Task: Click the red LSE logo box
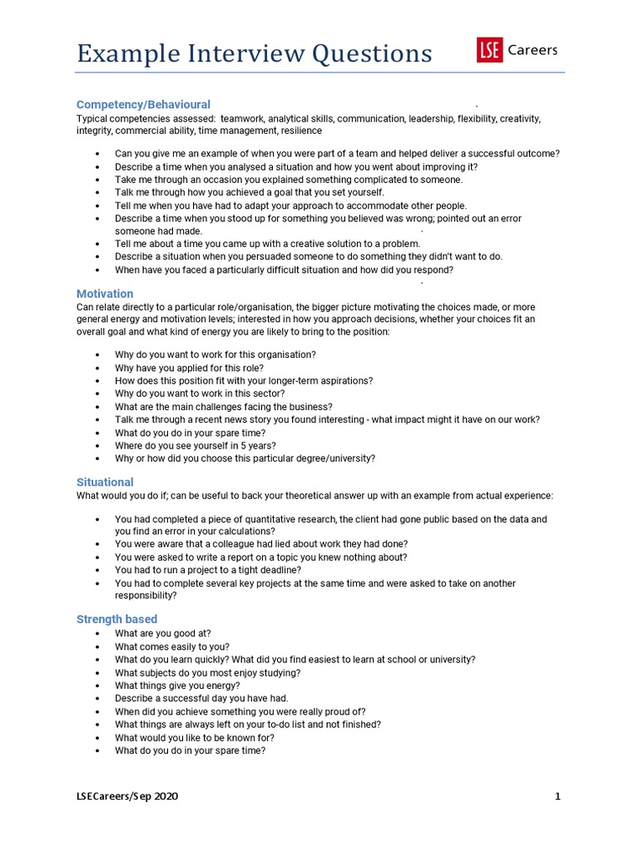click(489, 51)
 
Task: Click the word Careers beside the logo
click(532, 51)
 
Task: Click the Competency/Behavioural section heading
click(143, 105)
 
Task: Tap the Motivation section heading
click(105, 294)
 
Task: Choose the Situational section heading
click(105, 482)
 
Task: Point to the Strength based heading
click(116, 619)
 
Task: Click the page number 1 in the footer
click(558, 796)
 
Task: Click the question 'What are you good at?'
click(162, 633)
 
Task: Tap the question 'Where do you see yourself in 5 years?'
click(196, 445)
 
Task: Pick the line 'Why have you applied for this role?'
click(189, 368)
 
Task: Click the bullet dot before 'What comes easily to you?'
click(98, 647)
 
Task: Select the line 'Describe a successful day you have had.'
click(201, 698)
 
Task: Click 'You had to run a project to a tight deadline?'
click(208, 570)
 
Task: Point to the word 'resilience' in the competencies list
click(301, 131)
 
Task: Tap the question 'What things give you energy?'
click(177, 686)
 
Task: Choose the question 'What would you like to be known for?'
click(195, 737)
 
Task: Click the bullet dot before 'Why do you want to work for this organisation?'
click(98, 355)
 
